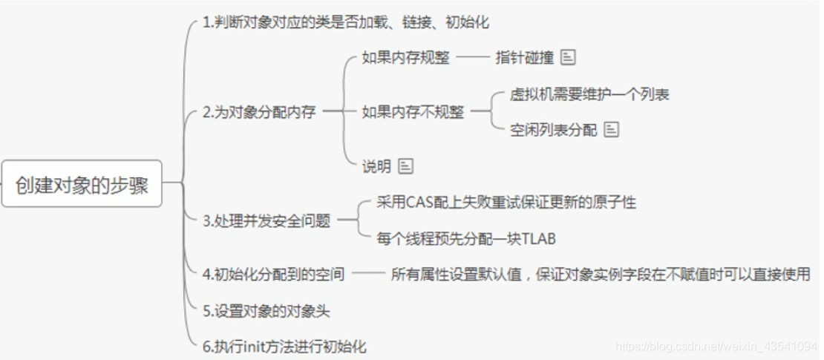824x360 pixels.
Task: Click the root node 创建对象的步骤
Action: (82, 183)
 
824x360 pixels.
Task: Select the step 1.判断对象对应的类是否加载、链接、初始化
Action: (346, 22)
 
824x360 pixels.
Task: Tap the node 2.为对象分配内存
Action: (259, 113)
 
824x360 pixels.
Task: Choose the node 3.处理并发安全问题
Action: (266, 220)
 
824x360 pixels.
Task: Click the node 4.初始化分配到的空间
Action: (273, 274)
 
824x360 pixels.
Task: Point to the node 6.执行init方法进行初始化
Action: (284, 347)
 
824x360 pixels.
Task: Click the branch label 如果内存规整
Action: (405, 58)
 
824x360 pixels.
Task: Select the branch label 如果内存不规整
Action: (413, 112)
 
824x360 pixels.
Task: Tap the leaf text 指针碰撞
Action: (525, 58)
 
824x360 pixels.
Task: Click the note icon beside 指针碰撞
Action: (569, 57)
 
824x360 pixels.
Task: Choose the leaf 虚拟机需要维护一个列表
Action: (590, 95)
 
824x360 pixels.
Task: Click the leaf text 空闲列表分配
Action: (554, 131)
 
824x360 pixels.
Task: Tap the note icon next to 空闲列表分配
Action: (612, 130)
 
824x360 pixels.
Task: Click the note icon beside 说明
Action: (405, 166)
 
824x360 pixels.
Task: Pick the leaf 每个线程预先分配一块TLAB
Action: (466, 239)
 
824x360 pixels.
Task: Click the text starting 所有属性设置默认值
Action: (600, 274)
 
